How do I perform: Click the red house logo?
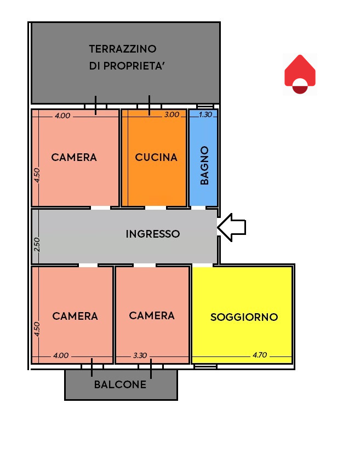(300, 74)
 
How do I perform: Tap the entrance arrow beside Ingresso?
(232, 227)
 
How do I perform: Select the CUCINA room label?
(156, 157)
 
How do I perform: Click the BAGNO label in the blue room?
(204, 165)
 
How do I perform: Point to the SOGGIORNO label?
(244, 317)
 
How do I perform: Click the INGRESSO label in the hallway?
(153, 234)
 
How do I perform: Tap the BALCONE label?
(120, 384)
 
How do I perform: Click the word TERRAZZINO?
(123, 49)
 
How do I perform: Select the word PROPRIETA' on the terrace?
(134, 66)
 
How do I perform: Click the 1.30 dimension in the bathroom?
(205, 114)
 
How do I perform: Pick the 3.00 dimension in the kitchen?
(172, 114)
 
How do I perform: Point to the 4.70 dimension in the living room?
(260, 355)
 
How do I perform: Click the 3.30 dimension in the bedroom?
(140, 356)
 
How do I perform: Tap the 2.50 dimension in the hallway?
(37, 244)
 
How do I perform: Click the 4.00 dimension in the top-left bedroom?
(62, 116)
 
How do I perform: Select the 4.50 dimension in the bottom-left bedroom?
(37, 329)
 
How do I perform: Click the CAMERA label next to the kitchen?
(74, 157)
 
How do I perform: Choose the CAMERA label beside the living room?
(152, 315)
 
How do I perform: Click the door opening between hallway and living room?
(203, 266)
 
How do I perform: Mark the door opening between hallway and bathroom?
(198, 208)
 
